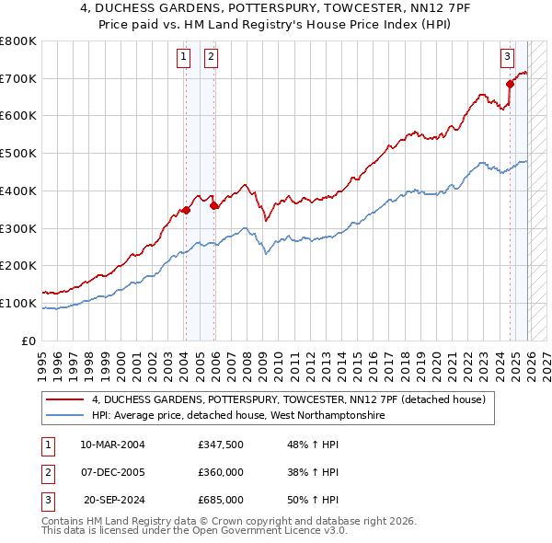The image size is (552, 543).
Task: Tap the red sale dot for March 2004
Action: click(x=186, y=210)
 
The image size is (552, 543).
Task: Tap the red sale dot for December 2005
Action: click(x=213, y=205)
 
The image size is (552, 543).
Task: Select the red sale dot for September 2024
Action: click(x=510, y=84)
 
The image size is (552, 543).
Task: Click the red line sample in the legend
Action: click(x=65, y=399)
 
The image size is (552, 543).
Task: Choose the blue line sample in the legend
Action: click(x=65, y=416)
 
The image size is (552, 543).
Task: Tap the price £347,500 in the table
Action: click(x=221, y=445)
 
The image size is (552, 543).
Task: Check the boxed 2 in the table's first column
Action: click(x=47, y=472)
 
